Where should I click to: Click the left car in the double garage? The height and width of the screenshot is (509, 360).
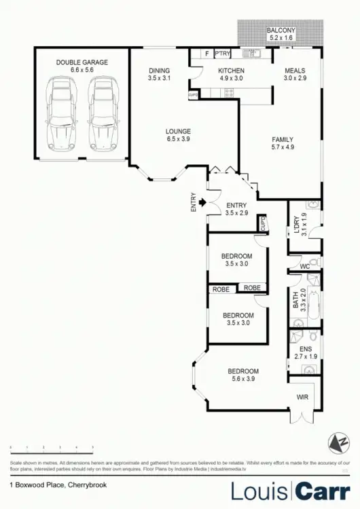(x=62, y=113)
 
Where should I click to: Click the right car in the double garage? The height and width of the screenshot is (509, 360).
(x=101, y=113)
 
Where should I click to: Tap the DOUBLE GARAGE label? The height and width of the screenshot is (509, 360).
(x=82, y=62)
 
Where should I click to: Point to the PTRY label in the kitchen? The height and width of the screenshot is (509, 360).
(x=223, y=53)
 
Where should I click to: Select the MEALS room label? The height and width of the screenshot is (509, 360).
(x=295, y=71)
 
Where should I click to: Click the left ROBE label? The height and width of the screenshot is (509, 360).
(x=221, y=288)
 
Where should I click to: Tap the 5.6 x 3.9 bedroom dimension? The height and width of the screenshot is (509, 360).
(x=244, y=379)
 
